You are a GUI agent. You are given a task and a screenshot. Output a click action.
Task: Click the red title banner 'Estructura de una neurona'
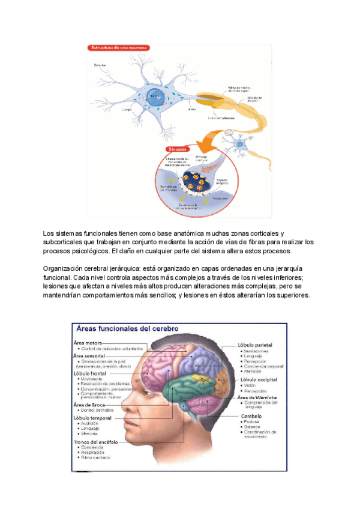[x=118, y=47]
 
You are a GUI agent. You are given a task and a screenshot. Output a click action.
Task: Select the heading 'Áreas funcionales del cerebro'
[x=127, y=328]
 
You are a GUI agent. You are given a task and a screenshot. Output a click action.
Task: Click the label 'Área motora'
[x=88, y=343]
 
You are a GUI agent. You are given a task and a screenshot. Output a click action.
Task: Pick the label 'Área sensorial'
[x=90, y=356]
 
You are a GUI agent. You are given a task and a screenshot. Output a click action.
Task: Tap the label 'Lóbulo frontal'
[x=90, y=373]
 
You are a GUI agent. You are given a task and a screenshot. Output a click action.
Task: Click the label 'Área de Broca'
[x=91, y=405]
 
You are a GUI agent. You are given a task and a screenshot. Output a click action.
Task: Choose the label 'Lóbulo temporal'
[x=93, y=417]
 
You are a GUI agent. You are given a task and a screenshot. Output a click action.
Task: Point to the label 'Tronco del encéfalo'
[x=96, y=442]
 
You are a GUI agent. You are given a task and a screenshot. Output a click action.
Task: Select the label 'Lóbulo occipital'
[x=259, y=379]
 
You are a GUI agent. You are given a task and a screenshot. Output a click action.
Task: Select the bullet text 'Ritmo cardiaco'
[x=97, y=457]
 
